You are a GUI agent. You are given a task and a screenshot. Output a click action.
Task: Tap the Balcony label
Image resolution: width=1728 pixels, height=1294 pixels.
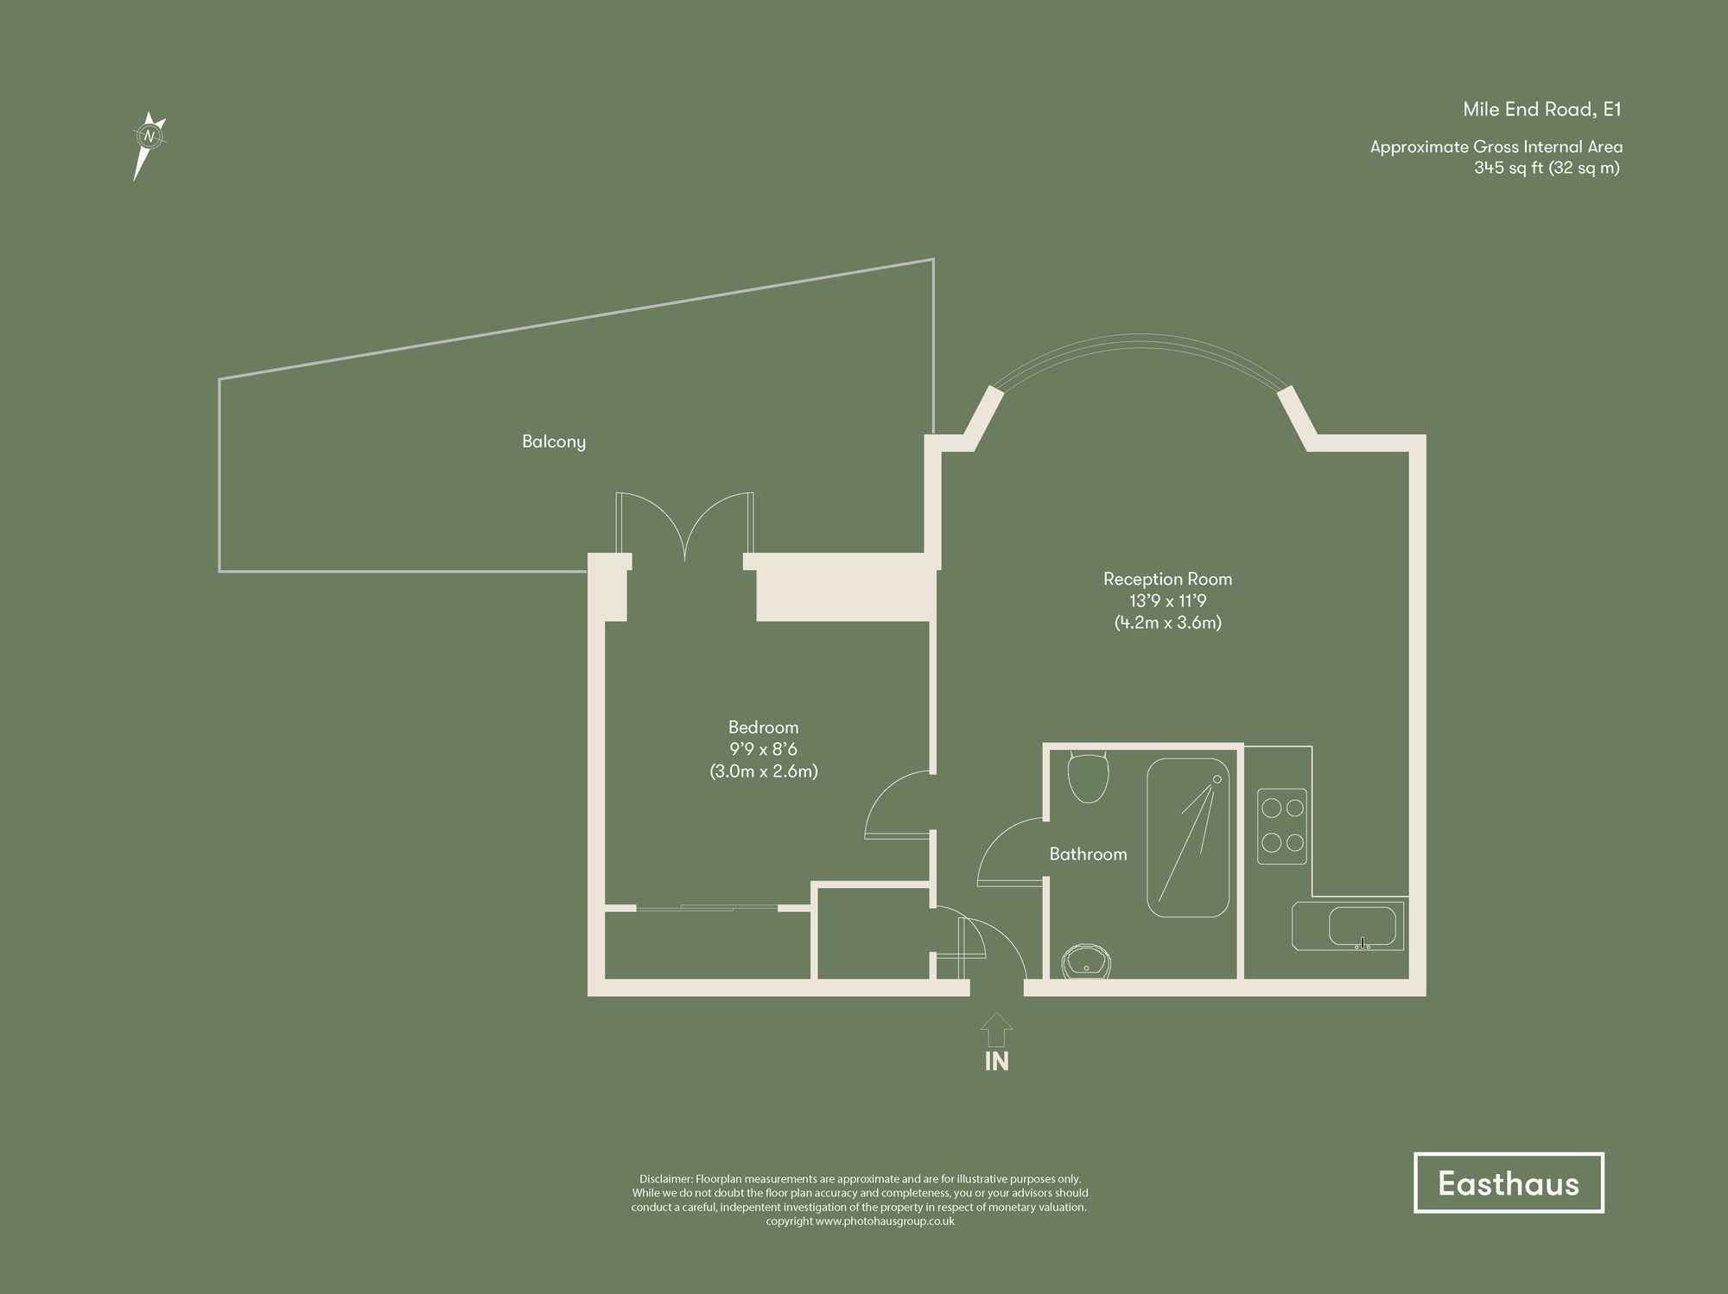[554, 441]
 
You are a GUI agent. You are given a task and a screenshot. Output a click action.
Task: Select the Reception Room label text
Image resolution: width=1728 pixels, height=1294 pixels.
[1167, 579]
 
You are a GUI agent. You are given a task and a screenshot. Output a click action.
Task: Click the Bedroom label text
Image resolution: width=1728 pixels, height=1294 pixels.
[763, 727]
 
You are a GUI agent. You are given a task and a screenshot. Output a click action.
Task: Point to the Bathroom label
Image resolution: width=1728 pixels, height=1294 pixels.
[1088, 854]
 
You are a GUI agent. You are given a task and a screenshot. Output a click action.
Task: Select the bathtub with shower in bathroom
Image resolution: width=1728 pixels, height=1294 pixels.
[1188, 837]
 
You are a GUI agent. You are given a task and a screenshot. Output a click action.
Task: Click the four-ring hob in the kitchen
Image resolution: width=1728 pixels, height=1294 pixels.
[1281, 826]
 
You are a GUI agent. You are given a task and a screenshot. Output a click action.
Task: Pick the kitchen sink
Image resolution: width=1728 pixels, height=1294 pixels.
[1362, 926]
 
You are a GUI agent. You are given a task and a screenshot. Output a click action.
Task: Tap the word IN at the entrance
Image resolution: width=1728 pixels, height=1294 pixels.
[996, 1061]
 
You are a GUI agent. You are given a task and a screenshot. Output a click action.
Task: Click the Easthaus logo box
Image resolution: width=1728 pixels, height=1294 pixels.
[1508, 1183]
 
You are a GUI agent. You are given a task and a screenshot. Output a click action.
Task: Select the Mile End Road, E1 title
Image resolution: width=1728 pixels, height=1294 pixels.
[1541, 110]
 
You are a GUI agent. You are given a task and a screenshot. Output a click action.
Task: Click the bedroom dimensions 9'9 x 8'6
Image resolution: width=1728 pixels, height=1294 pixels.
[763, 749]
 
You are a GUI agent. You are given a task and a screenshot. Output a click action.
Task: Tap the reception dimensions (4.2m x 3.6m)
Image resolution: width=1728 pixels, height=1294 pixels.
[1167, 622]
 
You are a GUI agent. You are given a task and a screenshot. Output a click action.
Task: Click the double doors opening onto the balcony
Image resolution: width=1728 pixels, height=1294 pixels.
[684, 527]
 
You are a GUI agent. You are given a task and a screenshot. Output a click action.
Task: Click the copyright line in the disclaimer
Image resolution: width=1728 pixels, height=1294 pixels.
[860, 1221]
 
